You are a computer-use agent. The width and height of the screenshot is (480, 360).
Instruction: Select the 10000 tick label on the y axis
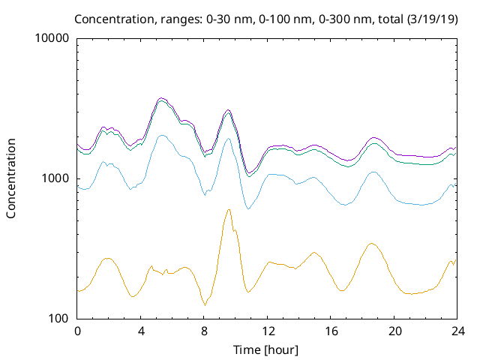(x=52, y=39)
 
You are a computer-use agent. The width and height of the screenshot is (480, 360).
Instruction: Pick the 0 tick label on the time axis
(x=77, y=331)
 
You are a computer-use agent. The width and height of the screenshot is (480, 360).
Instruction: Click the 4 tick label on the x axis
(x=140, y=331)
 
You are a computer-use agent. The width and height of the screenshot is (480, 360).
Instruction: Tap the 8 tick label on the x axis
(x=204, y=331)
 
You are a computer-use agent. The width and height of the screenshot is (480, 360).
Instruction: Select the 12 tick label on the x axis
(x=267, y=331)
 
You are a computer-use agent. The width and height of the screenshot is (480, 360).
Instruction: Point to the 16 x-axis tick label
(x=331, y=331)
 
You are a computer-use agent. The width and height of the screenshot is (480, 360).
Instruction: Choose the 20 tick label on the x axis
(x=394, y=331)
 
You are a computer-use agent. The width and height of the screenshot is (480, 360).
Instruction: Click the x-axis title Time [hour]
(x=267, y=349)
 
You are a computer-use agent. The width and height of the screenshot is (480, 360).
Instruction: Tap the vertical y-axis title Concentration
(x=11, y=178)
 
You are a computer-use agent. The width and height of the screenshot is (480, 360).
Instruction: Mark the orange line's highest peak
(x=229, y=210)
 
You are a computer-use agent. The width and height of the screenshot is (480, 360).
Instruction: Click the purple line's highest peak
(x=161, y=98)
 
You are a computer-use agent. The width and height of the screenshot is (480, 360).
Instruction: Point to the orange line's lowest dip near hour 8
(x=205, y=305)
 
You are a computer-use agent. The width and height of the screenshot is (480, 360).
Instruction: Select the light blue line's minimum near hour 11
(x=247, y=208)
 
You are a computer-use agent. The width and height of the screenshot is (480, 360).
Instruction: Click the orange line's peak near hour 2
(x=108, y=258)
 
